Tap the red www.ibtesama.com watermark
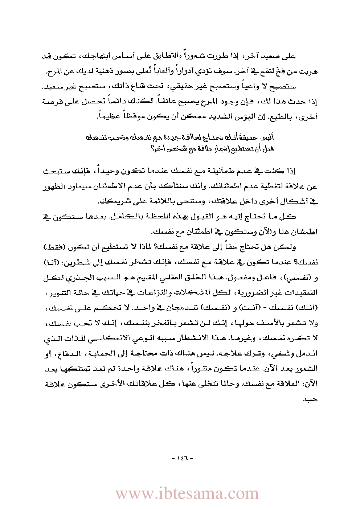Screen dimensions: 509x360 pos(187,494)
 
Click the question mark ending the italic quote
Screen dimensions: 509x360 pos(152,148)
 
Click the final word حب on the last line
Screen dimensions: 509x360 pos(310,399)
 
